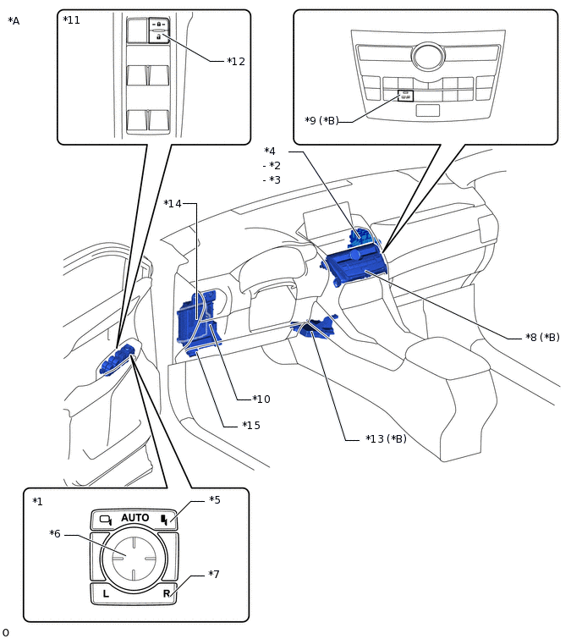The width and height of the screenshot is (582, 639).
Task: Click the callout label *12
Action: pyautogui.click(x=236, y=61)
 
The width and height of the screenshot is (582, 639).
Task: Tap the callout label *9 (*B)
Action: pyautogui.click(x=321, y=121)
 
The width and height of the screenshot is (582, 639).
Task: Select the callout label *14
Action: pyautogui.click(x=173, y=203)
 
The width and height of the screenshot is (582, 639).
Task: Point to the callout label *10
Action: pyautogui.click(x=261, y=399)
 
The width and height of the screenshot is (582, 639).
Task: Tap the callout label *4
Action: pyautogui.click(x=270, y=151)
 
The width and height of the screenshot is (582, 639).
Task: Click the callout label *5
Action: pyautogui.click(x=215, y=500)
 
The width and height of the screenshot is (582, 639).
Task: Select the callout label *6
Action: pyautogui.click(x=55, y=534)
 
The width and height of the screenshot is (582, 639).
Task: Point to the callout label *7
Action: pyautogui.click(x=214, y=575)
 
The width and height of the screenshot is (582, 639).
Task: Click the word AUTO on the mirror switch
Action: pyautogui.click(x=135, y=518)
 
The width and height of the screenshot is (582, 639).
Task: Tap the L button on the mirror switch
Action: pyautogui.click(x=106, y=593)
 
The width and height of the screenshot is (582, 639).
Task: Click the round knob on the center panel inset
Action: pyautogui.click(x=428, y=56)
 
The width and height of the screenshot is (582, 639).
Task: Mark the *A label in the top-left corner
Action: pyautogui.click(x=14, y=21)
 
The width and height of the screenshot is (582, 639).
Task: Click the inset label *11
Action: pyautogui.click(x=72, y=20)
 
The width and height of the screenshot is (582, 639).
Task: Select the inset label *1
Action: pyautogui.click(x=37, y=502)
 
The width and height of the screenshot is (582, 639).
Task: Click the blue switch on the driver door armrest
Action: pyautogui.click(x=115, y=361)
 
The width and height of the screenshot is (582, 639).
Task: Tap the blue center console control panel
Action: pyautogui.click(x=357, y=267)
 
